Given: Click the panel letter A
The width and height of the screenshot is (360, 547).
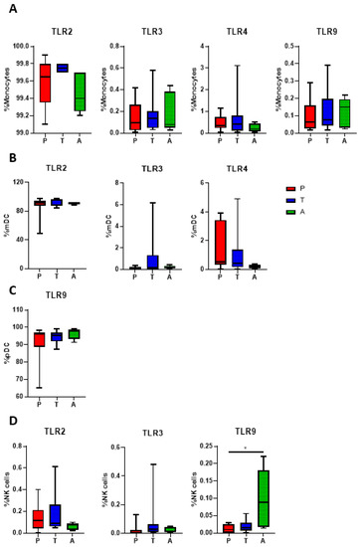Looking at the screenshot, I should click(x=9, y=8).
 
